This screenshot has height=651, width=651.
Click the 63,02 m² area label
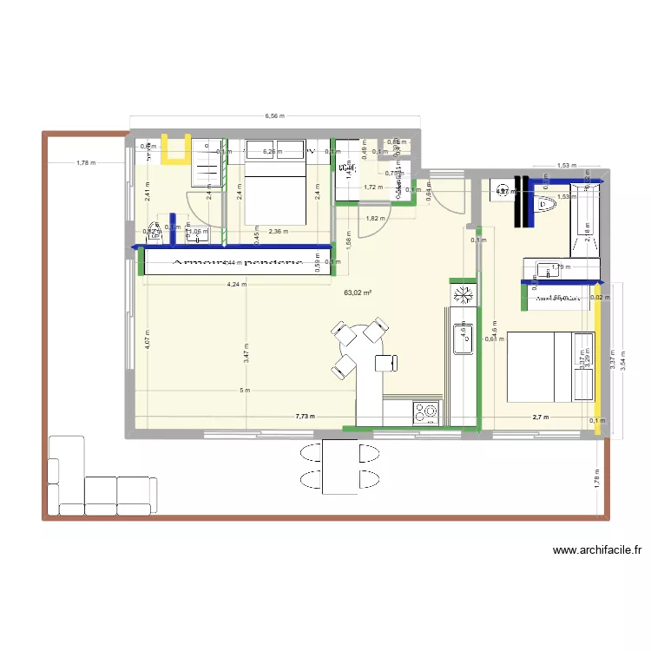(x=358, y=293)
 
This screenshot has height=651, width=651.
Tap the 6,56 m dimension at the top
(x=274, y=115)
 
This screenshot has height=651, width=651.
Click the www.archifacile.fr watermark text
(x=596, y=549)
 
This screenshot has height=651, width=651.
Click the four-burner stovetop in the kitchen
(x=427, y=411)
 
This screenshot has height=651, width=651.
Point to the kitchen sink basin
(x=460, y=339)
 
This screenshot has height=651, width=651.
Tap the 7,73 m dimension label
(x=305, y=418)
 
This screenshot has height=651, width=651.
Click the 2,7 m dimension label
(x=541, y=418)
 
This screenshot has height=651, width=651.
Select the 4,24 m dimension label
(x=236, y=284)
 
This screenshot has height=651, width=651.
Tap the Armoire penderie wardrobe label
(x=236, y=261)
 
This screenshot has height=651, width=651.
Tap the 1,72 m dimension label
(x=373, y=187)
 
